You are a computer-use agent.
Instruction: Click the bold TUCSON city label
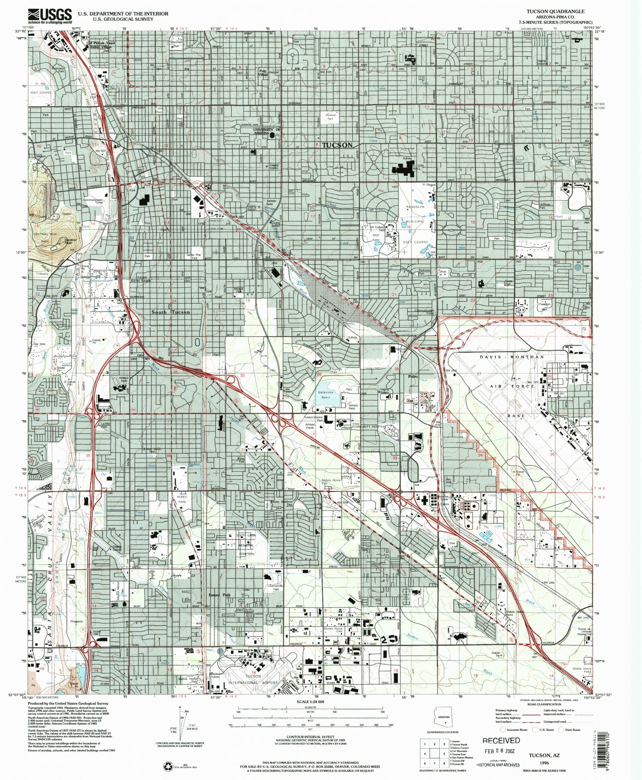point(337,145)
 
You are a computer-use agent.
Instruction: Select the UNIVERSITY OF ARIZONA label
point(266,131)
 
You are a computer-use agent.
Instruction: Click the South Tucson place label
point(171,312)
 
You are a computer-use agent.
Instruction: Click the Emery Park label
point(219,595)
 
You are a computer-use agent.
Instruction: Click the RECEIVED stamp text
point(501,741)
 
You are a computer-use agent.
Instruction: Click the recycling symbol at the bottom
point(168,766)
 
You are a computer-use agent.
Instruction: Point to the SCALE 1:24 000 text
point(310,702)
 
